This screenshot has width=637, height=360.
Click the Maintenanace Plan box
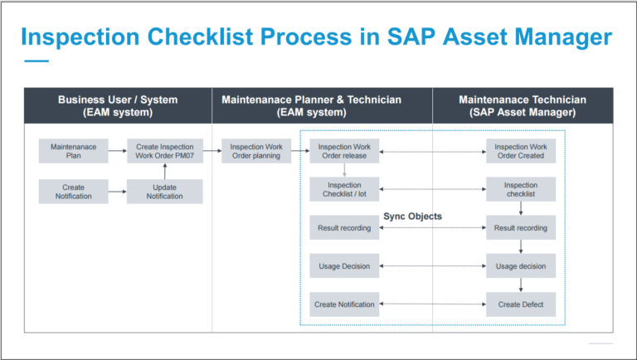[x=74, y=151]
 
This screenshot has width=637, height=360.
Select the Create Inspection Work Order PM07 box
[x=164, y=151]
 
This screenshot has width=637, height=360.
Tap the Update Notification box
[x=164, y=192]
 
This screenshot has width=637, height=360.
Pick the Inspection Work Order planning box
[x=255, y=151]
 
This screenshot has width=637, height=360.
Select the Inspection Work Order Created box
[x=520, y=151]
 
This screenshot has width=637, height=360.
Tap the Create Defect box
[x=520, y=304]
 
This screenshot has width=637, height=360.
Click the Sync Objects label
[x=412, y=216]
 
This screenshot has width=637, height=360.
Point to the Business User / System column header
[x=118, y=105]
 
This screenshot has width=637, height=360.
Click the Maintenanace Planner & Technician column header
[x=311, y=105]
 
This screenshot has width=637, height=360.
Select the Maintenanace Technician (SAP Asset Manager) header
[x=523, y=105]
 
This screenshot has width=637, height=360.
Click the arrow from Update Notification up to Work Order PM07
[x=164, y=172]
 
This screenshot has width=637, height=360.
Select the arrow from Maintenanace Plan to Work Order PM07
[x=118, y=151]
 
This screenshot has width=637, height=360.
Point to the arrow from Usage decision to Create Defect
[x=520, y=285]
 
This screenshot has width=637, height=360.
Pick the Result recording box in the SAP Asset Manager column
[x=520, y=227]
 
